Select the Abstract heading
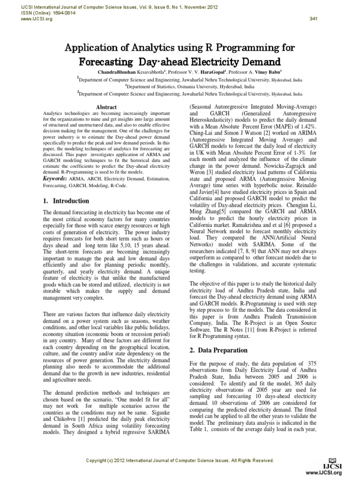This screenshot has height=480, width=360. [106, 107]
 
